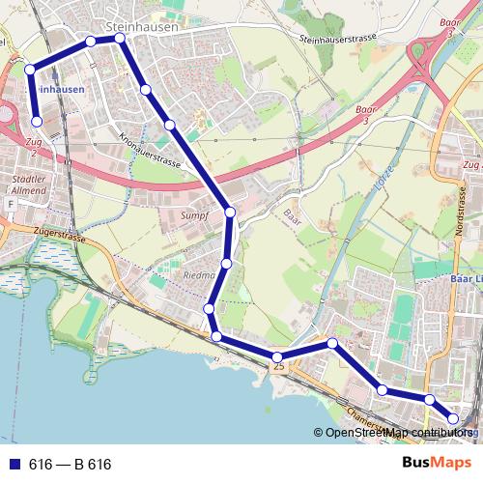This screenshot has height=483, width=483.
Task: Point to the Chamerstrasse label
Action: (362, 418)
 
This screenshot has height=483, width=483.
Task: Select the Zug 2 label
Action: (36, 148)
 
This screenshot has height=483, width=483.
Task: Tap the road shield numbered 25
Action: (279, 367)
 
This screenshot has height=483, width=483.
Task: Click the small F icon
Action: (11, 205)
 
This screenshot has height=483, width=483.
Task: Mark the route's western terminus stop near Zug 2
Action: (38, 122)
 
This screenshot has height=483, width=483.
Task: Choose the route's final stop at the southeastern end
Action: (453, 418)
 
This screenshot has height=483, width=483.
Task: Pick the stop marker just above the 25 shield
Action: (276, 358)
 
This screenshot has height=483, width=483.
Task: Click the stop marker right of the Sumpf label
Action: (230, 213)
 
